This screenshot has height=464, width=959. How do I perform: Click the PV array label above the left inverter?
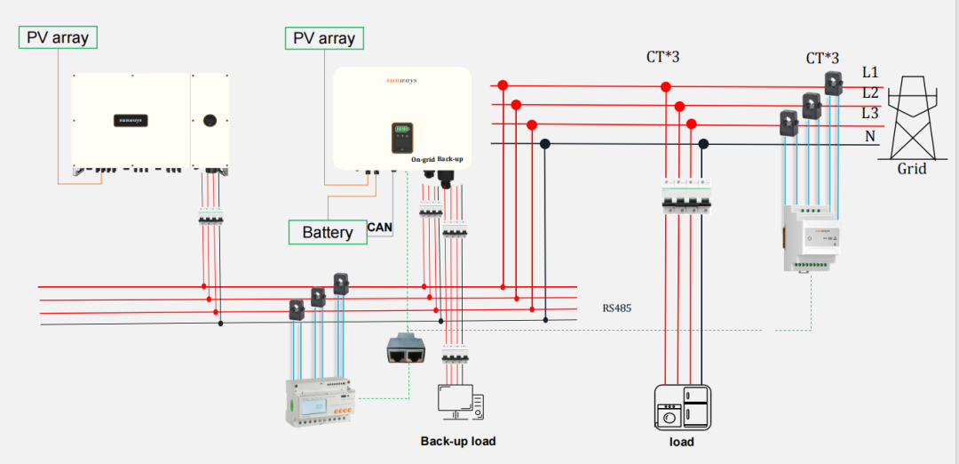point(58,37)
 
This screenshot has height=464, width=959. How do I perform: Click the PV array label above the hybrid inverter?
point(324,38)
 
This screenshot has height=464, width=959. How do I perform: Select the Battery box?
point(327,232)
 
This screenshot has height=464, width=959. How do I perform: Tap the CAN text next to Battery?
point(380,228)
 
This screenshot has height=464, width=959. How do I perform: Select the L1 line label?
point(870,71)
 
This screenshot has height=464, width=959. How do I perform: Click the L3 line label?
point(870,113)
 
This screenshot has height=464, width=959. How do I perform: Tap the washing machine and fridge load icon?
point(682,408)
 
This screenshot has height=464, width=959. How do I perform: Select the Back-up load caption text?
point(458,441)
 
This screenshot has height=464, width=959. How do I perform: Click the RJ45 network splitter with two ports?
point(407,350)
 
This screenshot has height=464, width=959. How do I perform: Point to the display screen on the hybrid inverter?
point(403,138)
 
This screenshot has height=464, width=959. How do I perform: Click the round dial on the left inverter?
point(211,119)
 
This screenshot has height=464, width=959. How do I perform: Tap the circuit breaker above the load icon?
point(684,201)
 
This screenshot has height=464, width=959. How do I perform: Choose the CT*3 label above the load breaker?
point(662,59)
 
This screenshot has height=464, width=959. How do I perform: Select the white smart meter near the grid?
point(809,237)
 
